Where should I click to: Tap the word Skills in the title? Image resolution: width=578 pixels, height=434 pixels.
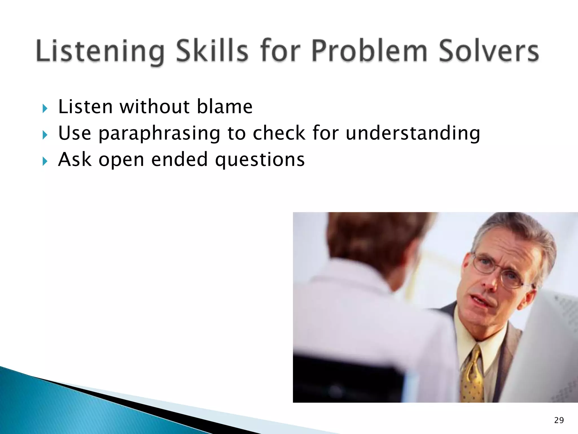(x=212, y=51)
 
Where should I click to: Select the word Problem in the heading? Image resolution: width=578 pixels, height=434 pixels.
(x=370, y=51)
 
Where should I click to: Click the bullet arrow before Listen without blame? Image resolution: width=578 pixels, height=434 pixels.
(x=45, y=108)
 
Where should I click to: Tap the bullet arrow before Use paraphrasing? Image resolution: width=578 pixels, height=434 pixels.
(x=45, y=135)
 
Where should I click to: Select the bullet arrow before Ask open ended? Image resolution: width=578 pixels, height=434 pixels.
(x=45, y=161)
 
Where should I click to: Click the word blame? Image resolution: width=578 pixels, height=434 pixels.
(x=224, y=107)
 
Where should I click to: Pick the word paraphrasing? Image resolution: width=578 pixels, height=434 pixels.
(x=159, y=133)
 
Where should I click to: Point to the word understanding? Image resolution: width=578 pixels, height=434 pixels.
(x=413, y=133)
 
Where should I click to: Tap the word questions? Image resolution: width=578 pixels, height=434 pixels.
(x=260, y=160)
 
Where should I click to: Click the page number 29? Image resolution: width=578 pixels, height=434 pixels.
(x=559, y=420)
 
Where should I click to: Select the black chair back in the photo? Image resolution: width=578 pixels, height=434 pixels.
(x=347, y=379)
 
